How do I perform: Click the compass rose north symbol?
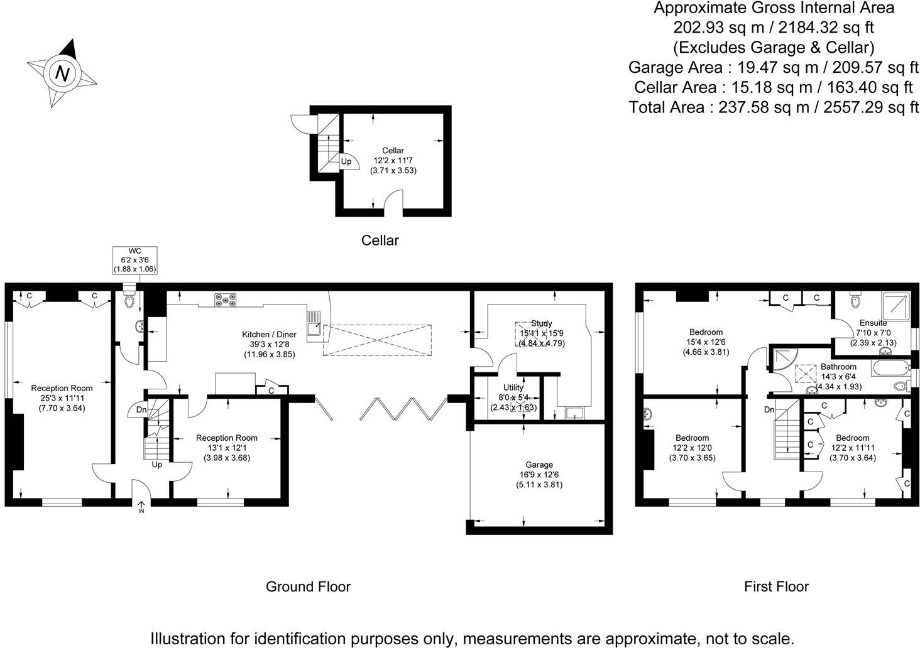(62, 73)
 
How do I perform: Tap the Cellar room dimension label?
(393, 160)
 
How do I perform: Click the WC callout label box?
(134, 260)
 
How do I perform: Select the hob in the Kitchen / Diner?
(226, 301)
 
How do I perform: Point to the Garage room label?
(539, 475)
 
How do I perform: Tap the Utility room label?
(513, 397)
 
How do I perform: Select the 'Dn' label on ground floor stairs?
(141, 410)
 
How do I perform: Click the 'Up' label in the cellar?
(346, 161)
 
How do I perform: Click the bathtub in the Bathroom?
(890, 368)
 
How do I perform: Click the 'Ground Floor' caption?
(308, 586)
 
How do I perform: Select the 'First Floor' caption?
(776, 586)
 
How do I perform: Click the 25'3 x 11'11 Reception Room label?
(62, 397)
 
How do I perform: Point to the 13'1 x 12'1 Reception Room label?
(226, 448)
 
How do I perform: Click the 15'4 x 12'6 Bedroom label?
(706, 342)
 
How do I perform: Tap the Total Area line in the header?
(774, 107)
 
